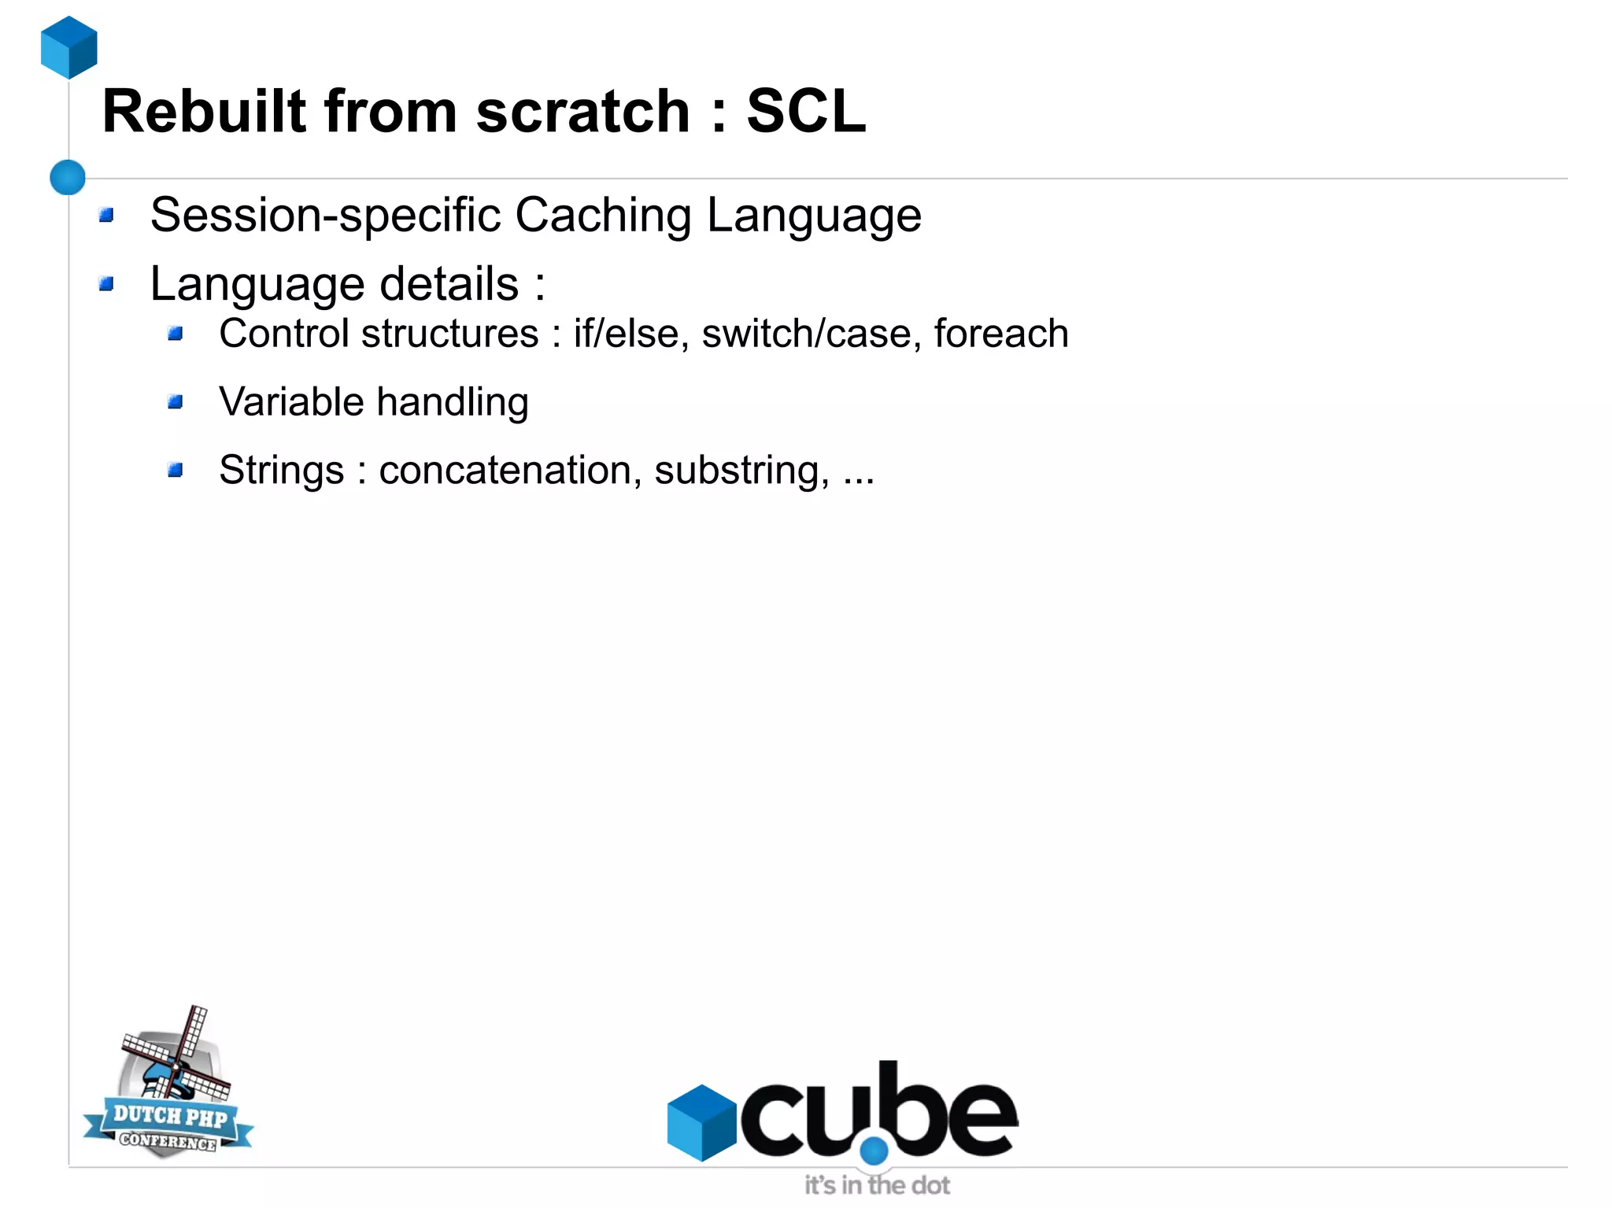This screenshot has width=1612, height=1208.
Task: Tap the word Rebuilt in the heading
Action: tap(204, 112)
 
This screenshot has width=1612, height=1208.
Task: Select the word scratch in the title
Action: tap(582, 112)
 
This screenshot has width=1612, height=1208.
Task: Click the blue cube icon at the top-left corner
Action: tap(69, 47)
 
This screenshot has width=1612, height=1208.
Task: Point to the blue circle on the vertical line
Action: tap(68, 177)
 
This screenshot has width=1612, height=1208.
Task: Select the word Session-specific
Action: tap(325, 215)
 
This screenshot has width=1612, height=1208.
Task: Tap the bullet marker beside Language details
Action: tap(107, 283)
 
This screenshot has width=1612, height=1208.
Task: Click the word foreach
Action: tap(1000, 334)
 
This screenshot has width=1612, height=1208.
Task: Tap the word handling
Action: tap(453, 402)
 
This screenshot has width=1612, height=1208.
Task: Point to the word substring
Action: tap(741, 471)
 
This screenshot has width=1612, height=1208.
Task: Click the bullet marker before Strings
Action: tap(176, 471)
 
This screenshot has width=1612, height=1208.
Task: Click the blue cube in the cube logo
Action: tap(701, 1121)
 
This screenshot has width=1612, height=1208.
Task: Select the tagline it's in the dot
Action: tap(877, 1185)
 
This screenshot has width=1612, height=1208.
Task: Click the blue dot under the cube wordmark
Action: tap(874, 1151)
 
